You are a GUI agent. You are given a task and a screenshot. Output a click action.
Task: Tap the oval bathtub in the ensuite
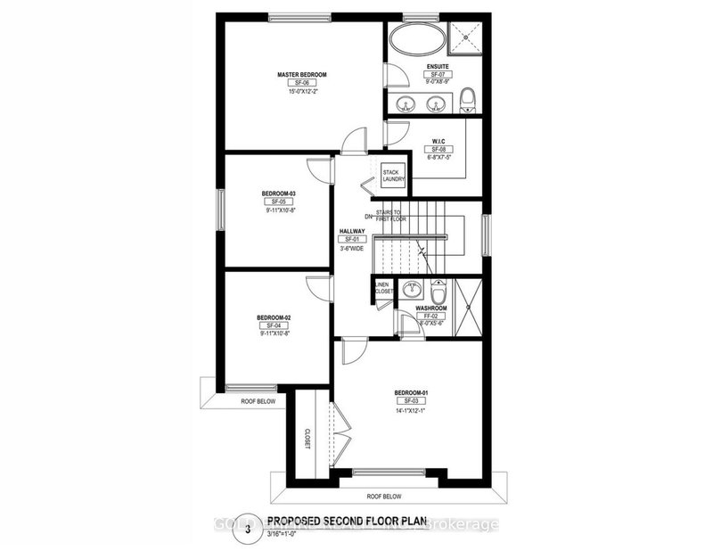click(419, 41)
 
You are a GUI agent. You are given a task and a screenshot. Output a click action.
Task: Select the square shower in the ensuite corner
click(465, 37)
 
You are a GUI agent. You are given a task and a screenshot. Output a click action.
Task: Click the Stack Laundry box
click(393, 176)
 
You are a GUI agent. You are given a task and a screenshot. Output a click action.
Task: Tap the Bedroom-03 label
click(278, 193)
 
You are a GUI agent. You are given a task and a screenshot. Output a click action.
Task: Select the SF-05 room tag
click(278, 202)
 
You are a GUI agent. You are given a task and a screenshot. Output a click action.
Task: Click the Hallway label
click(352, 231)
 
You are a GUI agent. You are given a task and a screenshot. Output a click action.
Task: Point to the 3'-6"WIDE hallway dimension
click(352, 249)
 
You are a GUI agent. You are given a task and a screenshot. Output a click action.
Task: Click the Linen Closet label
click(382, 287)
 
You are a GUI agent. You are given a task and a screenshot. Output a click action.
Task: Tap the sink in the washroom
click(410, 288)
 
